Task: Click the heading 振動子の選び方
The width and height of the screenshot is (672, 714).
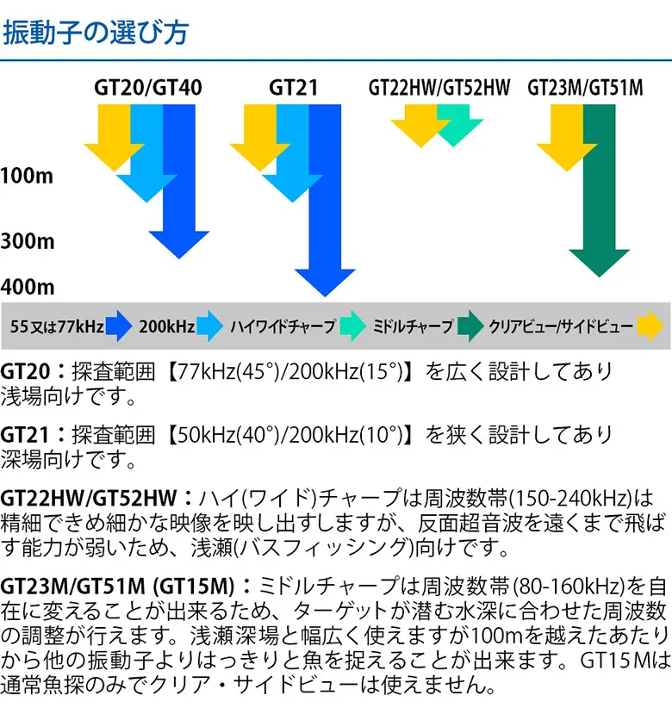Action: click(x=96, y=33)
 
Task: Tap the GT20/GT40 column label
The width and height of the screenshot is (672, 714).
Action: click(x=148, y=88)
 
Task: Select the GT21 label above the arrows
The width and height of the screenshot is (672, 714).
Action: click(x=294, y=88)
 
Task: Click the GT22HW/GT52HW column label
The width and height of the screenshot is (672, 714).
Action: click(x=439, y=88)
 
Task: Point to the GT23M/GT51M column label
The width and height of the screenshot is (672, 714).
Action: click(x=586, y=88)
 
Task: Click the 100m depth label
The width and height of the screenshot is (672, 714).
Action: click(x=27, y=176)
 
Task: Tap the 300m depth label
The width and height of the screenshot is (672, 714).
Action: click(x=28, y=241)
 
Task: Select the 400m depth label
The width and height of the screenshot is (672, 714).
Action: click(x=28, y=287)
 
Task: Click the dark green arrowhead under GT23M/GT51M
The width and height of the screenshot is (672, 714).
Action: click(x=599, y=263)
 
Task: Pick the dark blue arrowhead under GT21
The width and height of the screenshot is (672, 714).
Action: click(x=325, y=282)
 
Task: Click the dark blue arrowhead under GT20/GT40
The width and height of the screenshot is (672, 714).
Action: click(x=178, y=245)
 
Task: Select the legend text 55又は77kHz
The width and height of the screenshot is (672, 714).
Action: click(x=57, y=326)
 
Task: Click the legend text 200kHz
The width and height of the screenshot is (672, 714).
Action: click(x=167, y=326)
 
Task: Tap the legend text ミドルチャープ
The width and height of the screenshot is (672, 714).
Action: click(x=413, y=326)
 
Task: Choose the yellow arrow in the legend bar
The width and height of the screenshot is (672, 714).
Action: click(x=650, y=326)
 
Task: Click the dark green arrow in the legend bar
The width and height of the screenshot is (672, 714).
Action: click(x=470, y=326)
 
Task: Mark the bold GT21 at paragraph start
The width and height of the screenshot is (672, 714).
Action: click(x=25, y=435)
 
